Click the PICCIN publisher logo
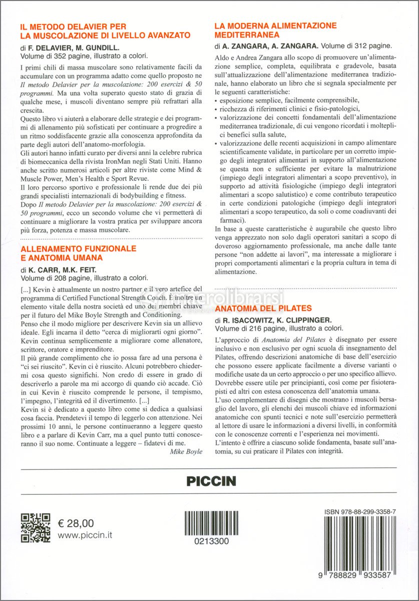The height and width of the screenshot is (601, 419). (211, 481)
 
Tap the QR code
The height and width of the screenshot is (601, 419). (36, 528)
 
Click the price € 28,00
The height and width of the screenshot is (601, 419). (76, 523)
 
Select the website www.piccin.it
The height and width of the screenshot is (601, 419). (85, 535)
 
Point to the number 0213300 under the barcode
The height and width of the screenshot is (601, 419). (213, 541)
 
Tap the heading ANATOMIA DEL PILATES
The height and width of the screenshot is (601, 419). (263, 308)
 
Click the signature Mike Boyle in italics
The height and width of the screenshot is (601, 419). (186, 451)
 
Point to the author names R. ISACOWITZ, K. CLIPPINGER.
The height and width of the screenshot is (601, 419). (281, 320)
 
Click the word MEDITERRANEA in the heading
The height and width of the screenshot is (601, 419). (247, 35)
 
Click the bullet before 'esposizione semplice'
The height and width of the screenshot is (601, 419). (215, 101)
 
